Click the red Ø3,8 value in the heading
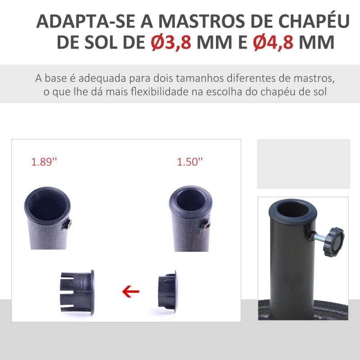[x=171, y=42]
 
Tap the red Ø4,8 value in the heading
[x=273, y=42]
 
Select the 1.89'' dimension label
[x=44, y=162]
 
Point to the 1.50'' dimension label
[x=190, y=162]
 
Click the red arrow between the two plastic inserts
[x=130, y=292]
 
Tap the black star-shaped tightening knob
[x=334, y=243]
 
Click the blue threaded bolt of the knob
[x=319, y=237]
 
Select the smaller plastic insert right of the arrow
[x=168, y=291]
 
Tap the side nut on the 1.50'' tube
[x=205, y=225]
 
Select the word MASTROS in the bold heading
[x=202, y=21]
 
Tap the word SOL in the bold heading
[x=101, y=42]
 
